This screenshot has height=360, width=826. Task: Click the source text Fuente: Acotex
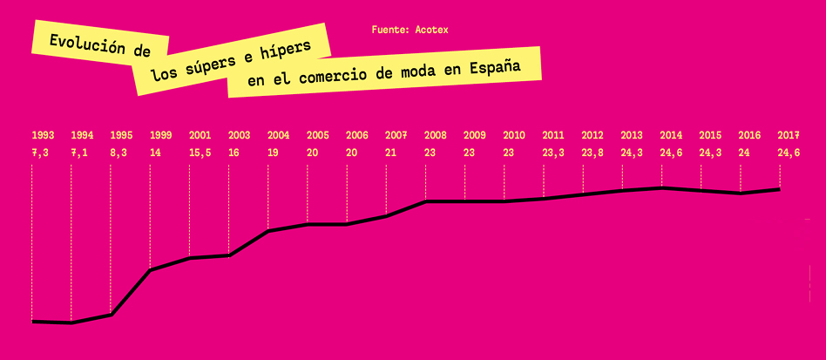410,30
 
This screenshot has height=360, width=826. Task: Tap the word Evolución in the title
81,44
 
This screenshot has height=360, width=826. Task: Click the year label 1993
43,135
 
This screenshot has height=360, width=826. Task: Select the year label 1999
160,135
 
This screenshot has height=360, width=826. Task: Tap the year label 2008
436,135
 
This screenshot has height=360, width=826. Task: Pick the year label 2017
789,135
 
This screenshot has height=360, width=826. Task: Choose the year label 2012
592,135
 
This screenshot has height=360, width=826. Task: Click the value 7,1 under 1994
79,153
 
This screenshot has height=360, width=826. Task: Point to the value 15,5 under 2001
200,153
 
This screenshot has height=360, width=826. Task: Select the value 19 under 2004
274,153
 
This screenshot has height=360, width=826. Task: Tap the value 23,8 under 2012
592,153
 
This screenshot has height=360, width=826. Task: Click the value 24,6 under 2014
671,153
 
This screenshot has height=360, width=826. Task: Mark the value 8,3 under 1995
118,153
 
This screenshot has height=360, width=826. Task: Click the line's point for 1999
150,270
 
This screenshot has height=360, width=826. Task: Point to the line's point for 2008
425,201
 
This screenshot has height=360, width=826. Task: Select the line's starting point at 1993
32,322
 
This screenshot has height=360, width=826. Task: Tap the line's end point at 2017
779,189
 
